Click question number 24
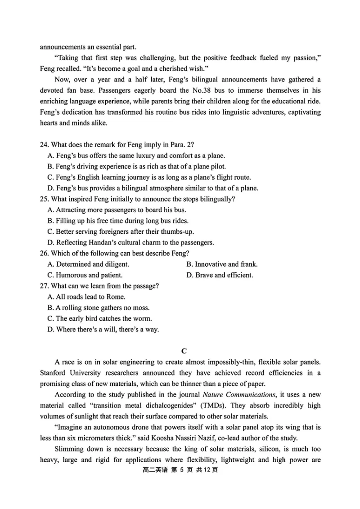click(44, 144)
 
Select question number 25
click(44, 199)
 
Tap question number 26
click(44, 253)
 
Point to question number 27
click(44, 286)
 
